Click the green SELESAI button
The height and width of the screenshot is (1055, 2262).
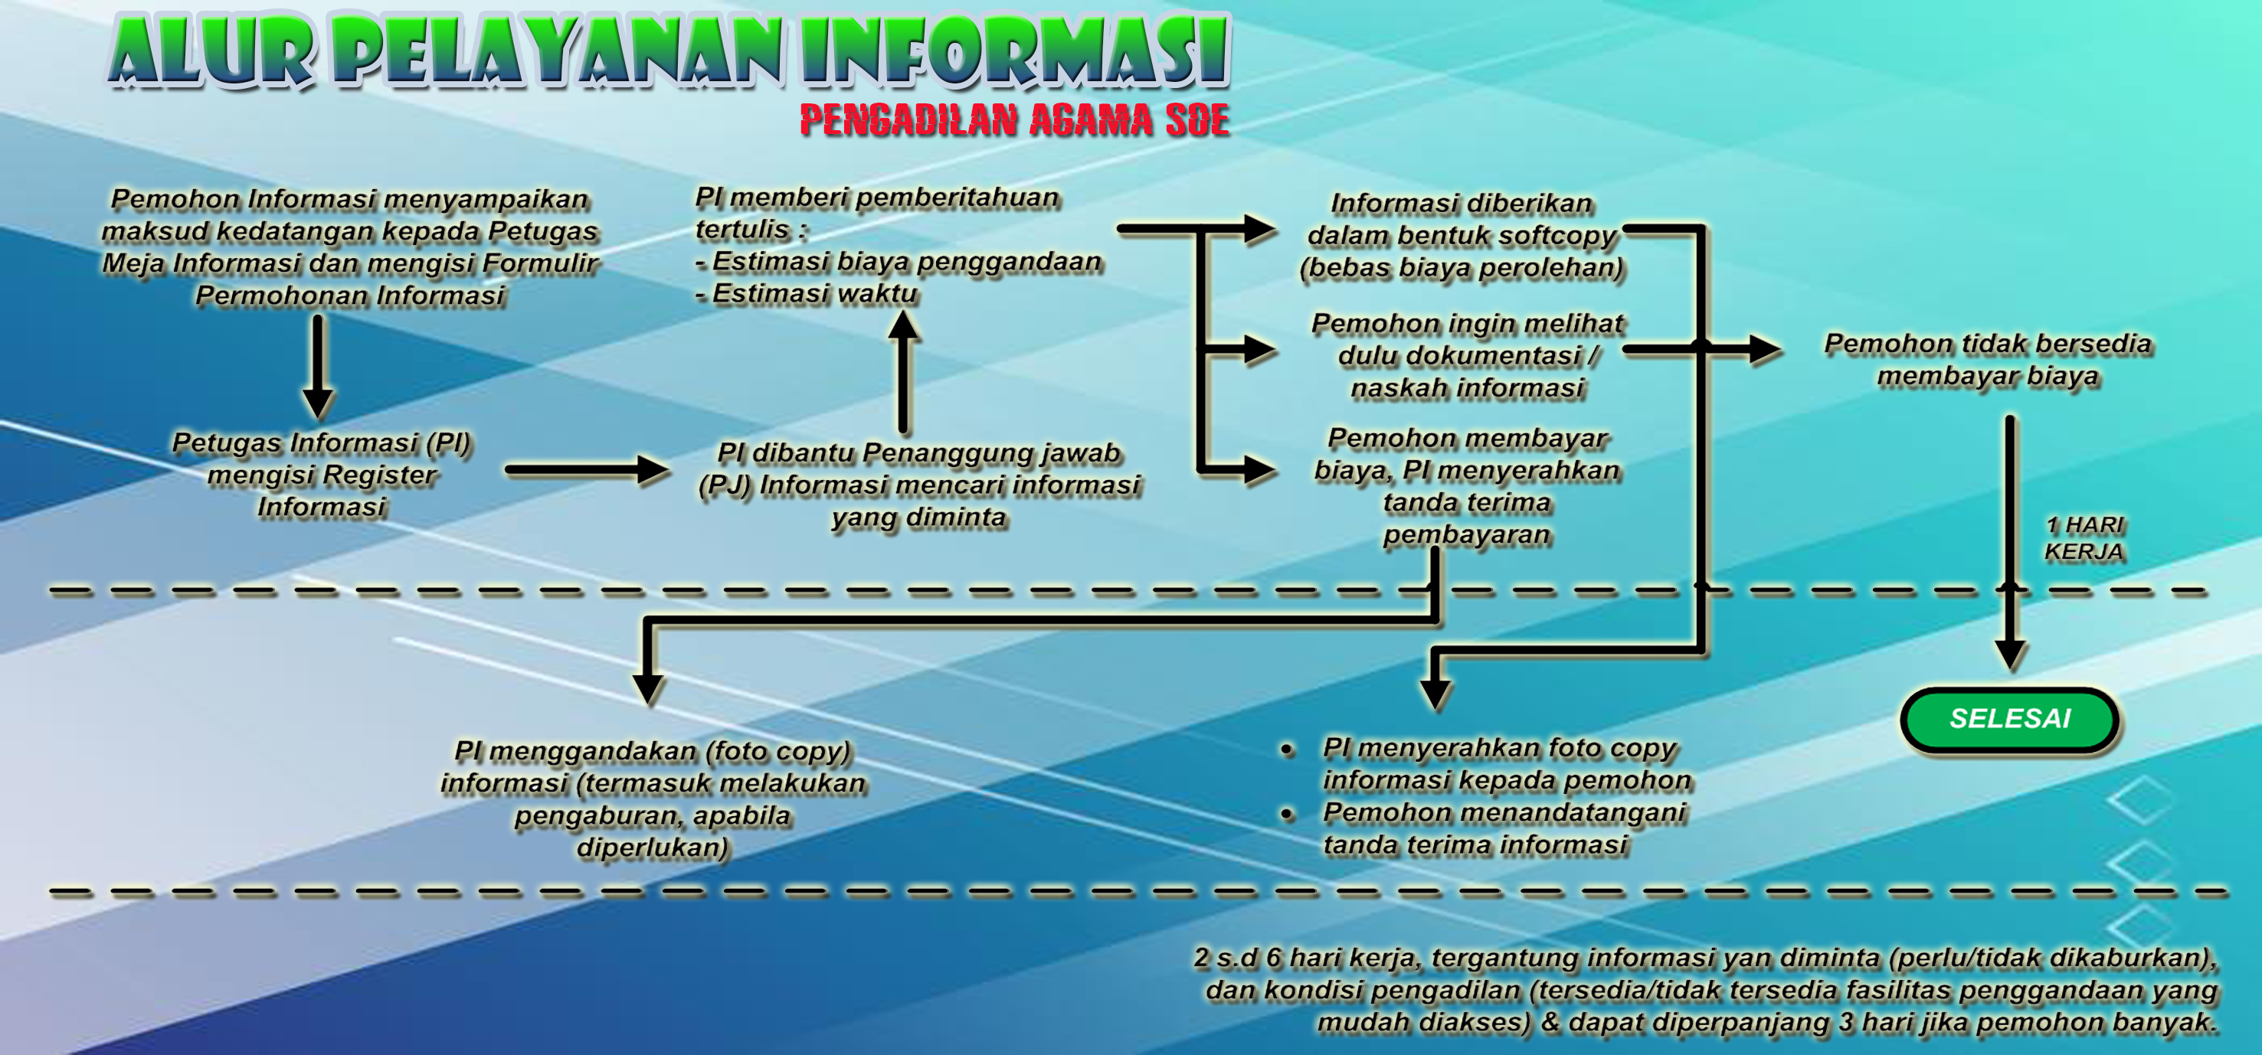(x=2009, y=719)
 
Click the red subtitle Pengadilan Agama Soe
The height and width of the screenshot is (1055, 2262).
(x=1014, y=120)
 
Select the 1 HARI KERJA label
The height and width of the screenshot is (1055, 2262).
(x=2084, y=538)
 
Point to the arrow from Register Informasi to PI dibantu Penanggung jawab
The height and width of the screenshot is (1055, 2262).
(x=588, y=469)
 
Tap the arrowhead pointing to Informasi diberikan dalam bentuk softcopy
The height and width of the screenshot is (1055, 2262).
(x=1260, y=229)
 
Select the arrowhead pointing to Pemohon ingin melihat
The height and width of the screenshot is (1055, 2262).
(x=1260, y=349)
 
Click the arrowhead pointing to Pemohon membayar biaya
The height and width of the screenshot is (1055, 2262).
(x=1260, y=469)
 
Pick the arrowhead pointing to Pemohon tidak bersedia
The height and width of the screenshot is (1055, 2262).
(x=1765, y=349)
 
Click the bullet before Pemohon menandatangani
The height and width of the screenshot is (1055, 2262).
(x=1288, y=815)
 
